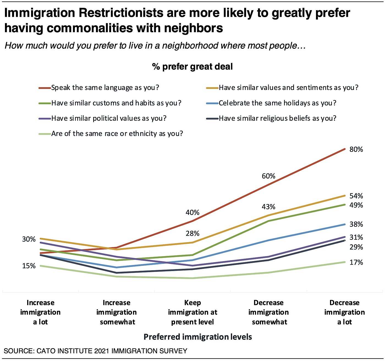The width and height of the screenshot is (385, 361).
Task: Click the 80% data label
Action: pos(356,149)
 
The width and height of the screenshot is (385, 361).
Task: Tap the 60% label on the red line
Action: pos(268,176)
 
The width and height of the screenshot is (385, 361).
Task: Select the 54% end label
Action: pos(356,196)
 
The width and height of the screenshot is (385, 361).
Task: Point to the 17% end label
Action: pos(356,262)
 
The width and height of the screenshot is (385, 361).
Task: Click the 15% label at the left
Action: pos(29,266)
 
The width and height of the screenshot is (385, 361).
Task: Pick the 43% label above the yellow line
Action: pos(268,207)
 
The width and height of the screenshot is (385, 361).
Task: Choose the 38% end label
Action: pos(356,224)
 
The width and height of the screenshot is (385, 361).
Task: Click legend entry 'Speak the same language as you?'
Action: pos(105,88)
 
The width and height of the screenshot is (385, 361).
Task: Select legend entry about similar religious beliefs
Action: pos(277,119)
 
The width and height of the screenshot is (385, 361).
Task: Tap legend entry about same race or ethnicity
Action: pos(117,134)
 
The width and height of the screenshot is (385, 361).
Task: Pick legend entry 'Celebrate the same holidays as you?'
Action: pos(277,103)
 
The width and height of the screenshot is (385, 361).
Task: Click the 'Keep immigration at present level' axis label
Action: pos(193,312)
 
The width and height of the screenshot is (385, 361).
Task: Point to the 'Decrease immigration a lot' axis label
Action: pos(345,312)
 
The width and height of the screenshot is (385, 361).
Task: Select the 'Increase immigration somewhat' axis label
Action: pos(117,312)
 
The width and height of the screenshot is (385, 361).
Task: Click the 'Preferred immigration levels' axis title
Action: pos(198,337)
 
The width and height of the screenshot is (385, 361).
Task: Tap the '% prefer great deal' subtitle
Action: pos(193,67)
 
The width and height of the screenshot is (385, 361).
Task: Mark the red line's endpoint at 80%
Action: pos(345,149)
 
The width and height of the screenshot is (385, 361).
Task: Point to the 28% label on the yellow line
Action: pos(193,234)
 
